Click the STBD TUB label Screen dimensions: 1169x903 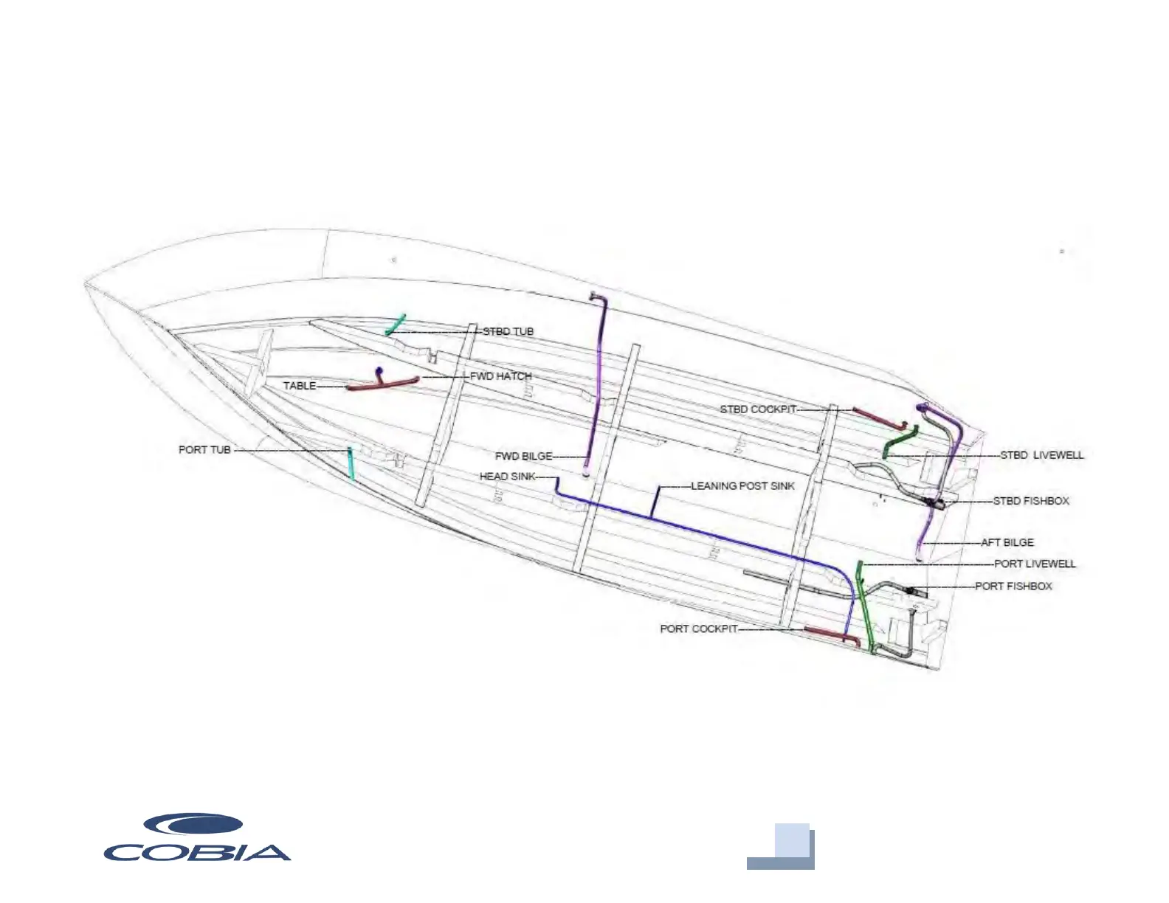point(508,332)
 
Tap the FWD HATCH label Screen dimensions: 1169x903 point(500,376)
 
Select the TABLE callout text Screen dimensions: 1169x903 point(300,386)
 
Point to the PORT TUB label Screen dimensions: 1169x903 point(204,449)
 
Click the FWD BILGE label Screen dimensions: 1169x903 point(523,456)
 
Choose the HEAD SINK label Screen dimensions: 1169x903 point(507,477)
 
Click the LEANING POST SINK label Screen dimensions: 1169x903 point(742,486)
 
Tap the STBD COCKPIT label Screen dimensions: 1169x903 point(758,409)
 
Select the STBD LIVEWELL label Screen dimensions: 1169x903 point(1041,455)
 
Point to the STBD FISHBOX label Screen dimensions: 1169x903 point(1030,501)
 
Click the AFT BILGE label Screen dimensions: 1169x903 point(1007,542)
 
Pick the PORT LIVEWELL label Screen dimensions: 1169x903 point(1034,564)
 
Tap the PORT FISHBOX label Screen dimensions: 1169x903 point(1013,587)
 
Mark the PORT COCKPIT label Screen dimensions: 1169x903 point(698,629)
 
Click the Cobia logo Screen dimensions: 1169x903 point(196,838)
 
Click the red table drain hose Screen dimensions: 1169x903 point(384,384)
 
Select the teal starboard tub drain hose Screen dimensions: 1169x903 point(396,325)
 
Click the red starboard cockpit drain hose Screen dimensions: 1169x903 point(878,417)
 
